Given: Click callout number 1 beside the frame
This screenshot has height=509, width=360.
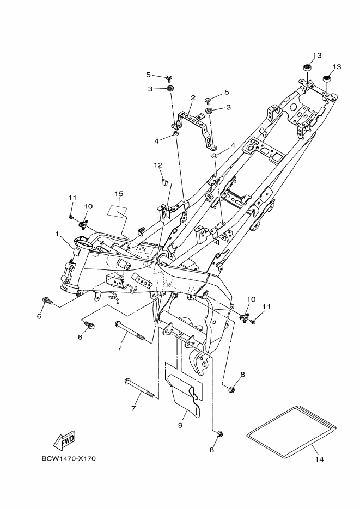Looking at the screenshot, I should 57,234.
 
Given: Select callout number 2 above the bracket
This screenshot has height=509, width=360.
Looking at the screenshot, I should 193,98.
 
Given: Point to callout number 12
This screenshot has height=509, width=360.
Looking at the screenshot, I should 158,165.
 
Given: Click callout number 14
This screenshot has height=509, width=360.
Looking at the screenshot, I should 319,459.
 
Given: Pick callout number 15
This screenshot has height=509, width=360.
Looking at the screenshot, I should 119,193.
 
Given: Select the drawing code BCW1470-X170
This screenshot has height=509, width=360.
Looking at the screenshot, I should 68,458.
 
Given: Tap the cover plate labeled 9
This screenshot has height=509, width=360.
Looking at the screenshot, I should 182,396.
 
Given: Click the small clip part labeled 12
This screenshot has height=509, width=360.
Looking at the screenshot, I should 163,181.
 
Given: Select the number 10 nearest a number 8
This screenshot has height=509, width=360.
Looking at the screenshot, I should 251,299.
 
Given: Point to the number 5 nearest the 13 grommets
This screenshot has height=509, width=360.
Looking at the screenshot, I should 227,93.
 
